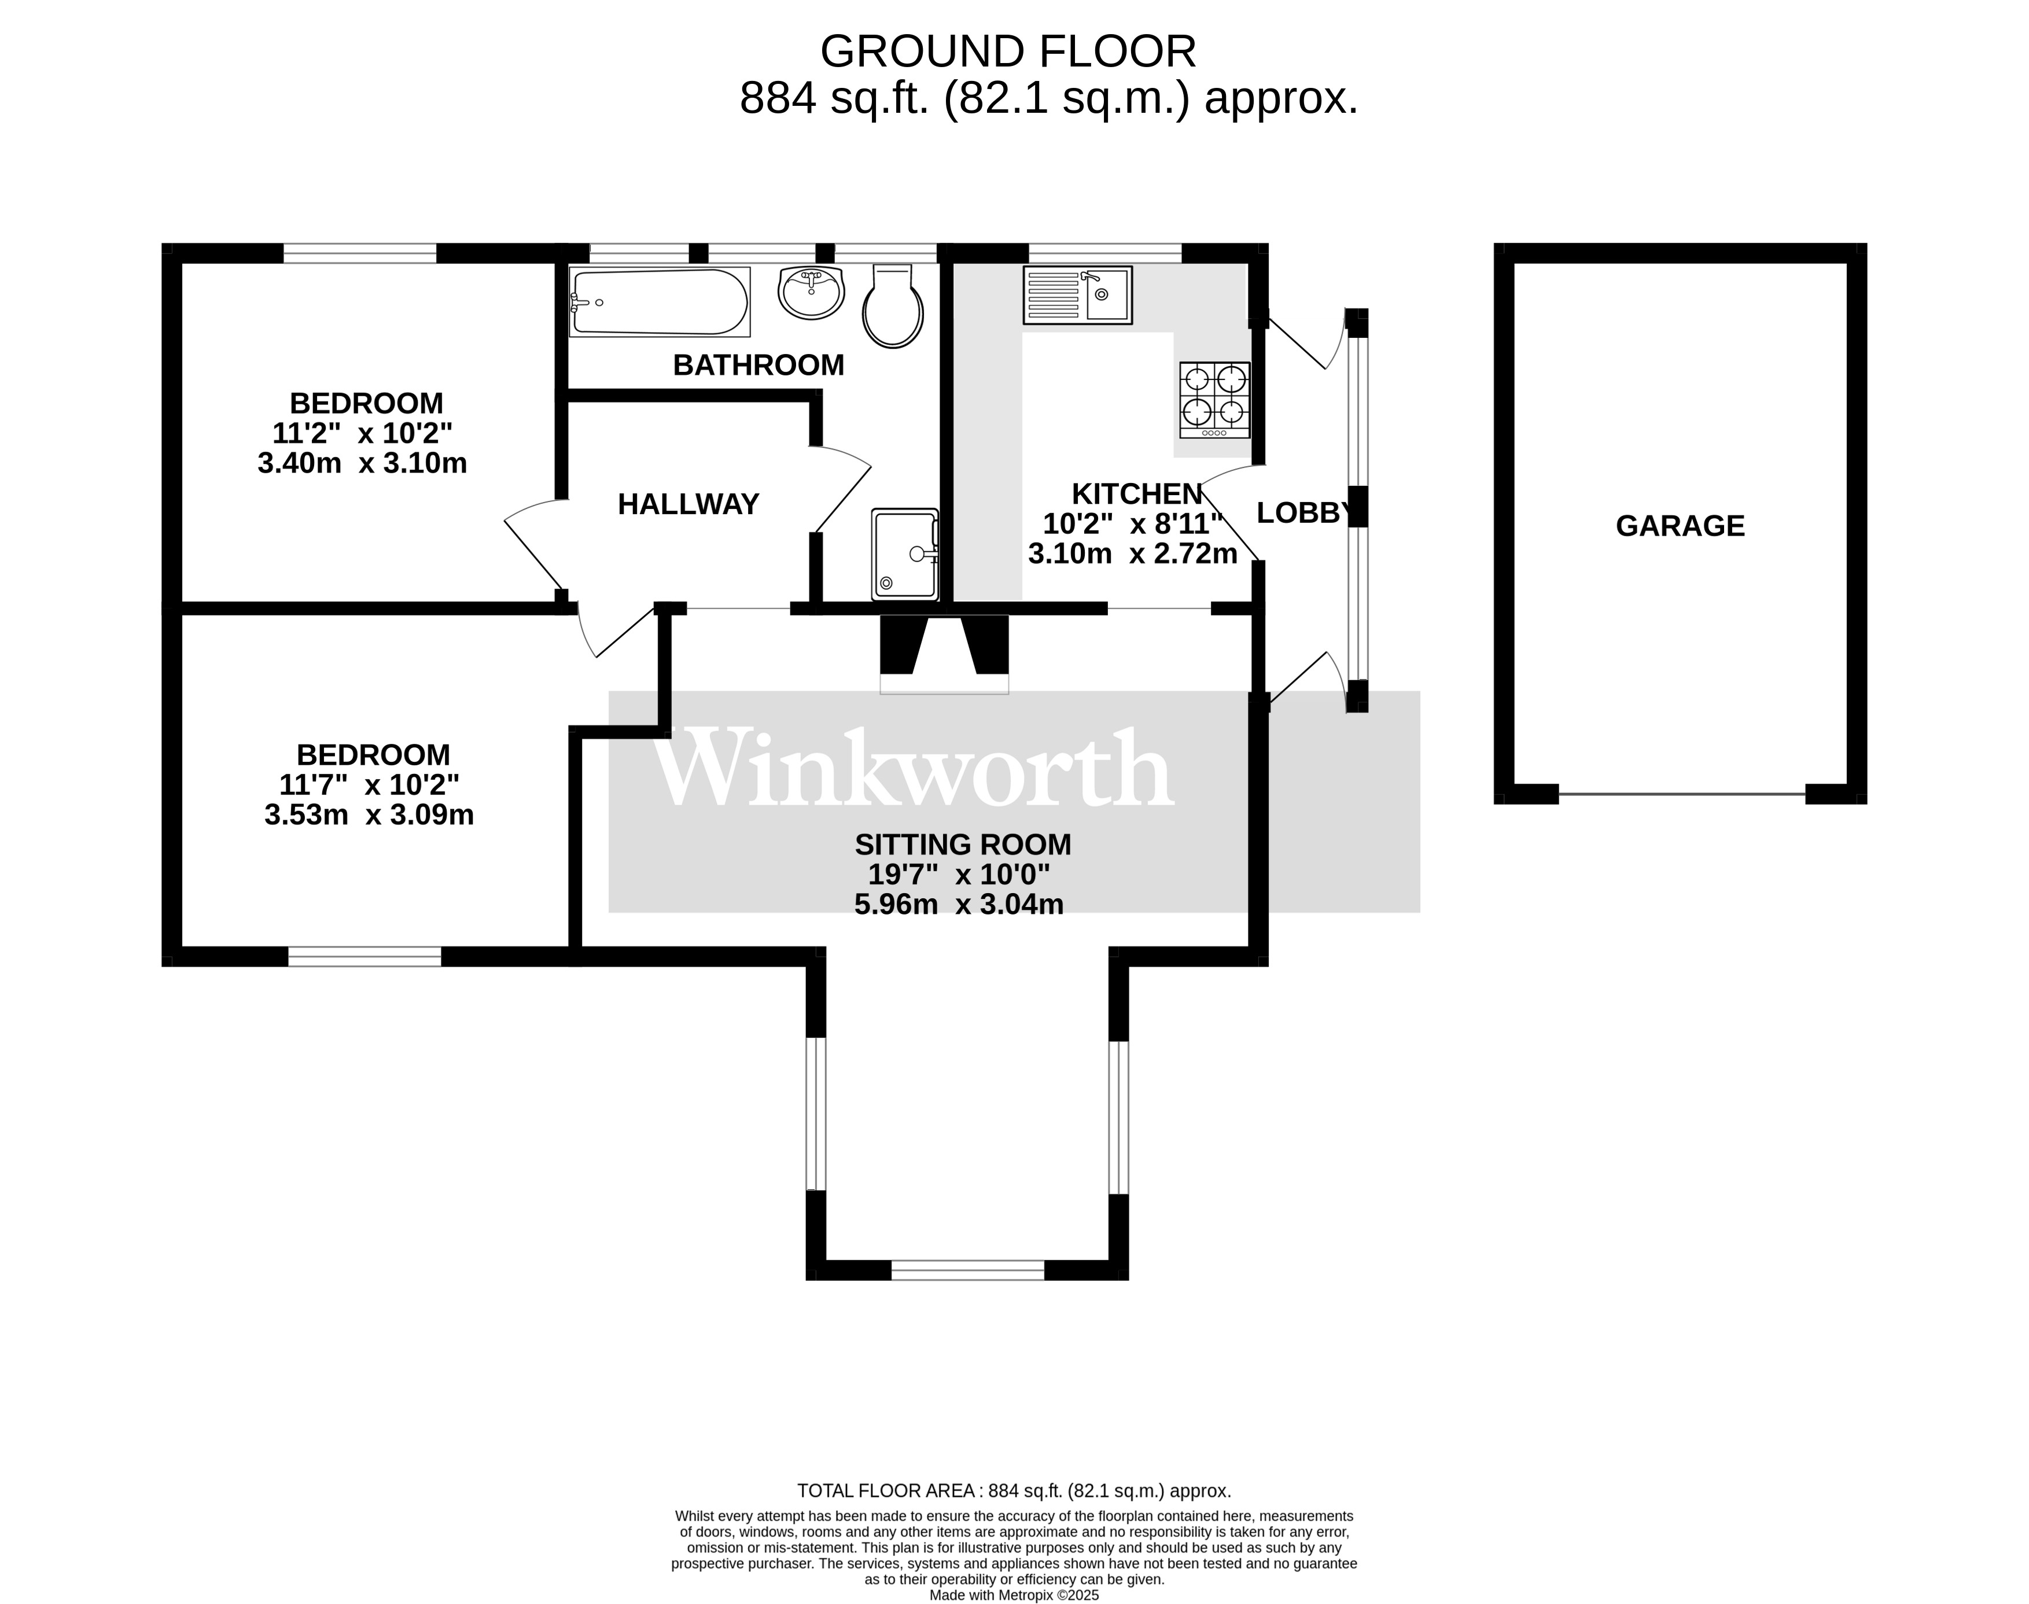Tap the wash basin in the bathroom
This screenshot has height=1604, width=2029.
pos(811,292)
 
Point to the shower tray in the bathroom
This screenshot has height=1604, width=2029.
pos(905,554)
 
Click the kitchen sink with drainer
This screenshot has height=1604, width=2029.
pos(1077,295)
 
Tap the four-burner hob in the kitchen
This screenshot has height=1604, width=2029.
pos(1214,399)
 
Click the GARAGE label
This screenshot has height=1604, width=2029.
pos(1680,526)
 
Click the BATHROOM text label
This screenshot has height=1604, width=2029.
pos(758,366)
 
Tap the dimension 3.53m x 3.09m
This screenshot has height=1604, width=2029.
pos(368,815)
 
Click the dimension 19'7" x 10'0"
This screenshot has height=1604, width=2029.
pos(958,875)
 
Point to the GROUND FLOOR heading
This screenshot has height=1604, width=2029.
pos(1008,51)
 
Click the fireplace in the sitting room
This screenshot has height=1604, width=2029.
pos(943,652)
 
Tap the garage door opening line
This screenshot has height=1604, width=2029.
pos(1681,795)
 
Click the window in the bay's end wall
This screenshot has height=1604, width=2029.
pos(967,1270)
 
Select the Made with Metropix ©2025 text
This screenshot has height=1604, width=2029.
pos(1014,1595)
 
